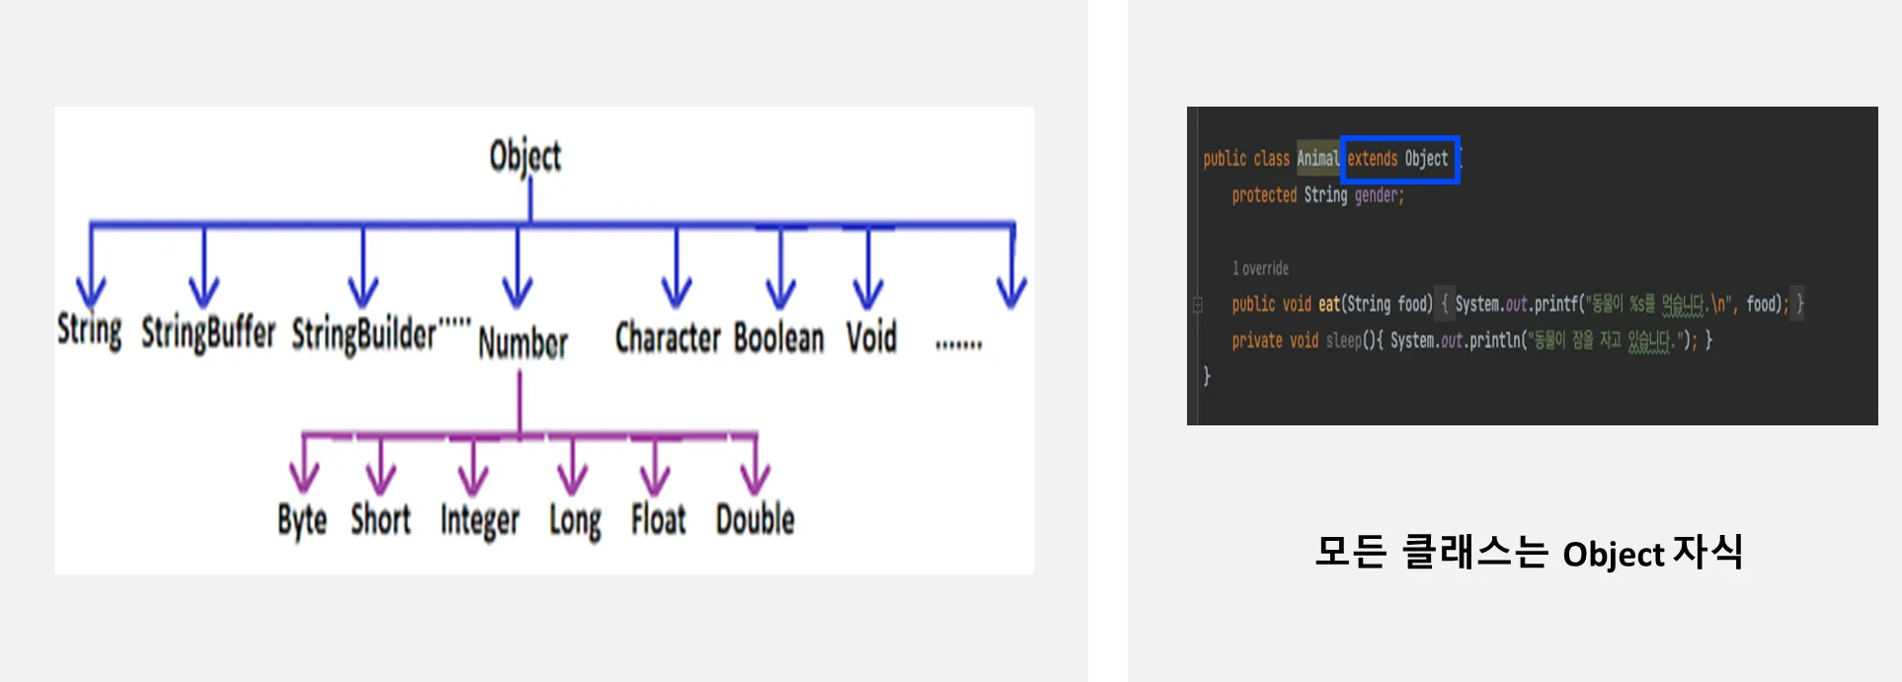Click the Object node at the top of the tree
[525, 156]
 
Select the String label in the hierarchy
[90, 330]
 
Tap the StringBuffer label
[208, 333]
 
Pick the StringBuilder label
[363, 335]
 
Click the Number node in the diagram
[522, 343]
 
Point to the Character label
[669, 338]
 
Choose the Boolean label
[778, 338]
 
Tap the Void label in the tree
[871, 338]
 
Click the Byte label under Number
[302, 520]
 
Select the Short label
[380, 519]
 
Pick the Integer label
[480, 520]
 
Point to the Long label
[575, 520]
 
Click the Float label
[658, 519]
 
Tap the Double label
[754, 519]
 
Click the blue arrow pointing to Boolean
[780, 271]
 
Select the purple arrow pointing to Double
[755, 466]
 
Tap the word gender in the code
[1379, 195]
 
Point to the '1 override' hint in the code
[1260, 268]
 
